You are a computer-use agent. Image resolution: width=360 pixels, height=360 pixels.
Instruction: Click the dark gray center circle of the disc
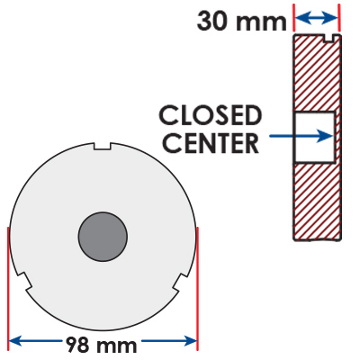click(x=103, y=237)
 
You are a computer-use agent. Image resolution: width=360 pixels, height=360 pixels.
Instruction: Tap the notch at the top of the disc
click(x=103, y=146)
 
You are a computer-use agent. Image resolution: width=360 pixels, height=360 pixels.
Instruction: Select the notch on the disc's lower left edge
click(x=25, y=282)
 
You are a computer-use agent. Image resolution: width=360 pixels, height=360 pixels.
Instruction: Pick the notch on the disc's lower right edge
click(x=181, y=282)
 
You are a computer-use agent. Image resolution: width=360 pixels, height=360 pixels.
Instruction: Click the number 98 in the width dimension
click(x=77, y=345)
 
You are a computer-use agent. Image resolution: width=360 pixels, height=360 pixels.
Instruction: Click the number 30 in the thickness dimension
click(x=214, y=22)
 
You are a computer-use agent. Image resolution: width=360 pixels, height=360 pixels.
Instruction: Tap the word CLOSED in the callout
click(x=211, y=115)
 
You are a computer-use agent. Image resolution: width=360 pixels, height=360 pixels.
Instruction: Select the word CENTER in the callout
click(x=211, y=143)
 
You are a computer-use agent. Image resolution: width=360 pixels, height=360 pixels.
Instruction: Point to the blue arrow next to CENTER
click(x=301, y=136)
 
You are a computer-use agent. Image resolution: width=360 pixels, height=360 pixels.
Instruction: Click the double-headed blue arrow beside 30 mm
click(x=317, y=18)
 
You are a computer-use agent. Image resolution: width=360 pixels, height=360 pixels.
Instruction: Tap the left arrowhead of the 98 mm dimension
click(x=15, y=341)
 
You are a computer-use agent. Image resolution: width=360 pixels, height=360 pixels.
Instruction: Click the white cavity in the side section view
click(x=314, y=138)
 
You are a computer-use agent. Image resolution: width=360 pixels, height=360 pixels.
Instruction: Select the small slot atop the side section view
click(x=329, y=38)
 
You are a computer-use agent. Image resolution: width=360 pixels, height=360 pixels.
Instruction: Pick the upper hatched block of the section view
click(x=317, y=73)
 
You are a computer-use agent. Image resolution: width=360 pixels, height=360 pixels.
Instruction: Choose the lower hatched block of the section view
click(x=317, y=202)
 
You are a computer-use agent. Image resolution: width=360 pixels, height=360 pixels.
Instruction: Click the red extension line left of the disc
click(x=8, y=289)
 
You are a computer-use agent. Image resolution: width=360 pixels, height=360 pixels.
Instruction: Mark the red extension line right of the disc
click(x=197, y=289)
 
